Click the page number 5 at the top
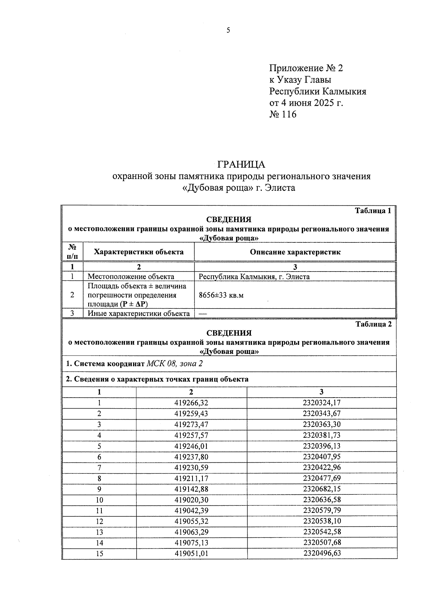[x=228, y=31]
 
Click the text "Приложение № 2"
[x=306, y=68]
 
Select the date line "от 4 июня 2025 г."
[x=306, y=103]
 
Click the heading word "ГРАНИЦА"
[x=241, y=164]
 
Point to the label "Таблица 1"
[x=373, y=211]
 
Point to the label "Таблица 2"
[x=373, y=324]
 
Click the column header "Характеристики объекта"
[x=139, y=252]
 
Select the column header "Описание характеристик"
[x=295, y=252]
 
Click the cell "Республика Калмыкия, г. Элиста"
[x=254, y=277]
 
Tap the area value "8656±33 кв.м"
[x=221, y=295]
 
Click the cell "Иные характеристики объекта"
[x=139, y=314]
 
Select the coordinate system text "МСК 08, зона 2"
[x=175, y=364]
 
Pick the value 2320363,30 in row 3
[x=322, y=425]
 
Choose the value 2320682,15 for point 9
[x=322, y=489]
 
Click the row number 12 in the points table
[x=99, y=521]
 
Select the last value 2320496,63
[x=322, y=553]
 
